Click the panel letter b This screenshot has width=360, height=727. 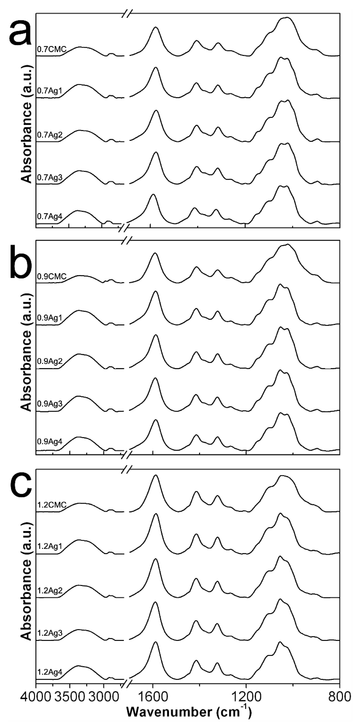(x=20, y=261)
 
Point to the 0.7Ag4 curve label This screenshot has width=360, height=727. (x=50, y=217)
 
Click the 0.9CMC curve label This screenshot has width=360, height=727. (x=52, y=276)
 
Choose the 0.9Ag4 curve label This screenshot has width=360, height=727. (x=50, y=441)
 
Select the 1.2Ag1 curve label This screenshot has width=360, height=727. (x=50, y=547)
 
